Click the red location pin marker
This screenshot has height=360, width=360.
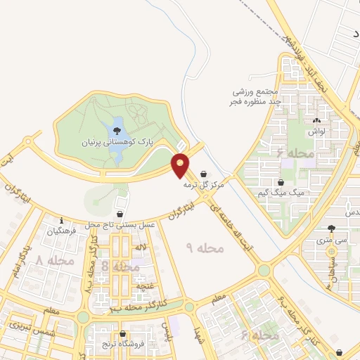coord(180,165)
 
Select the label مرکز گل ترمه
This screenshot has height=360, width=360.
coord(202,184)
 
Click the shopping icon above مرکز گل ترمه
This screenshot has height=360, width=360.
coord(204,172)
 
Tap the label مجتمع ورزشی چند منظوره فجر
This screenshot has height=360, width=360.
coord(259,96)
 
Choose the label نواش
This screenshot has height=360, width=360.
coord(316,131)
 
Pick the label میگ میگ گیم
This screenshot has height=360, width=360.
coord(288,192)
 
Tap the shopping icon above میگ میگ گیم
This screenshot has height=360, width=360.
coord(281,182)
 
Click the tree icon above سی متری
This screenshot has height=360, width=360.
coord(331,228)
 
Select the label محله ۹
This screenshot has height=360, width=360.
coord(205,248)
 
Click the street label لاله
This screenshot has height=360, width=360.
coord(141,247)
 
